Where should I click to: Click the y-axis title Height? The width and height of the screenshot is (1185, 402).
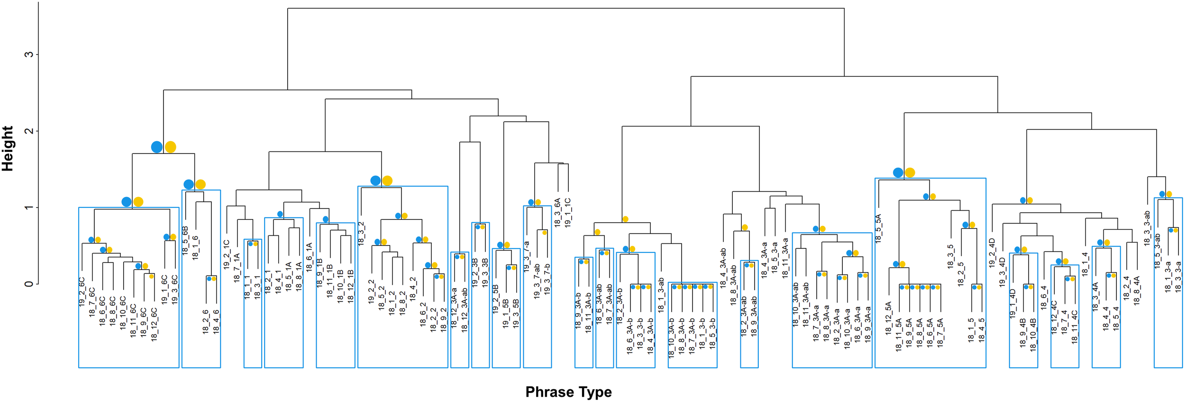click(8, 149)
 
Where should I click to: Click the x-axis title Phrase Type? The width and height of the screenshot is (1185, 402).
click(568, 392)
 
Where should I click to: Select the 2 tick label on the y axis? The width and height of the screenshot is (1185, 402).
click(29, 131)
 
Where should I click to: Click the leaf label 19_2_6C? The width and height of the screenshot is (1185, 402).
click(82, 292)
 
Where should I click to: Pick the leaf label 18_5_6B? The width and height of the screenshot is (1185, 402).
click(185, 241)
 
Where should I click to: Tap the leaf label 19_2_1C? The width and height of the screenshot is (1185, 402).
click(227, 254)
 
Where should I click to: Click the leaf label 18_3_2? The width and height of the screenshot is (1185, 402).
click(361, 233)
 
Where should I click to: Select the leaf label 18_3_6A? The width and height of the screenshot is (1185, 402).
click(557, 213)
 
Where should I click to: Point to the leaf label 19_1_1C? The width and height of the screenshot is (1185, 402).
click(568, 213)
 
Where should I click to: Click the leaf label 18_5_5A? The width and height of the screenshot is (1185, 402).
click(878, 229)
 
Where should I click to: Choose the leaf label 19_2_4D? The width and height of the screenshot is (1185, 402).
click(992, 253)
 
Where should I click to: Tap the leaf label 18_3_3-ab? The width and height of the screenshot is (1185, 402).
click(1147, 228)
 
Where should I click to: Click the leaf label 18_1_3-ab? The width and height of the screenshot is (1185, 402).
click(661, 295)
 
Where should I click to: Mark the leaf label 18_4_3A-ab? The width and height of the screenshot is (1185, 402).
click(723, 268)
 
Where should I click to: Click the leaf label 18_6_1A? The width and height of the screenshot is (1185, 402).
click(309, 257)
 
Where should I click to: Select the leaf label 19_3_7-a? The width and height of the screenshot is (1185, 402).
click(527, 256)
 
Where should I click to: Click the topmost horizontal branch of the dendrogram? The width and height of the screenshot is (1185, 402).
click(565, 9)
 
